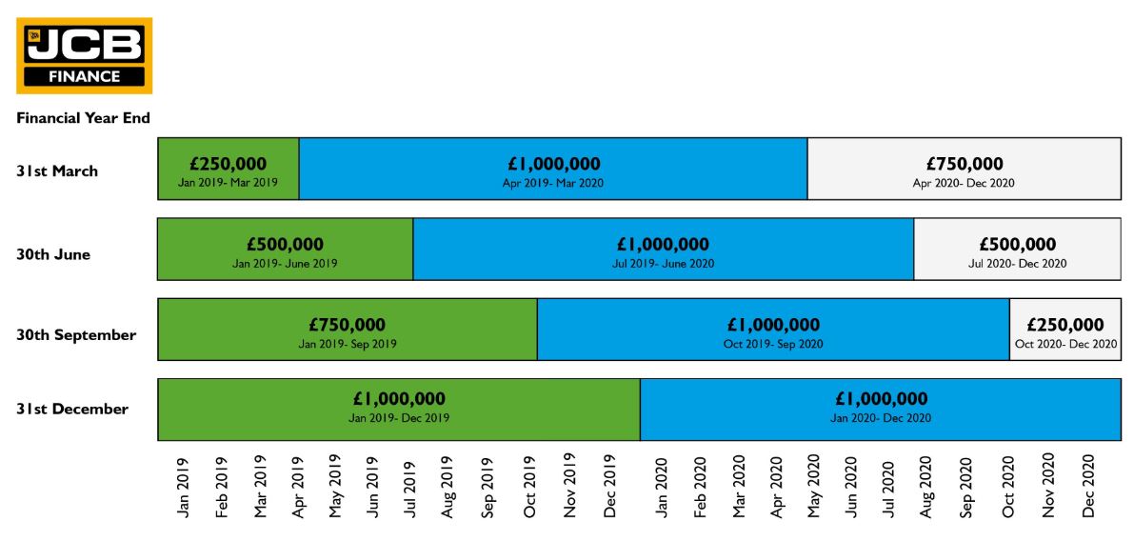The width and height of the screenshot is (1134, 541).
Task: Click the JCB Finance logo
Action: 84,55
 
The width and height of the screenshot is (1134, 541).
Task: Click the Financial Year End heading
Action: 83,118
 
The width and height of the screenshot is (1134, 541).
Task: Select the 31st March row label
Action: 57,171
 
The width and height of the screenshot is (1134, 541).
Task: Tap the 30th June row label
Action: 53,254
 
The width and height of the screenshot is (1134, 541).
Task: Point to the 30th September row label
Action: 76,335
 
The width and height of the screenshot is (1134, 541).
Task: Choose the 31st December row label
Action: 72,409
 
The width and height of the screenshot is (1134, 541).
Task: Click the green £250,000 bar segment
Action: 229,169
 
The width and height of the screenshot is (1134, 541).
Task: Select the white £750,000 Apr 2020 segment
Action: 964,169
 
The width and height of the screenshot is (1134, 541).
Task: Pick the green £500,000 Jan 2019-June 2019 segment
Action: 285,250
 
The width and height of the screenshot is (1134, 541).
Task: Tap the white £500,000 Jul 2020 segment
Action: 1017,250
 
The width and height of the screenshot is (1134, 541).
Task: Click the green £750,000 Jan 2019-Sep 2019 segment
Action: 348,330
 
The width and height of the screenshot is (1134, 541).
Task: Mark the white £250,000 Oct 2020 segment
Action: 1065,330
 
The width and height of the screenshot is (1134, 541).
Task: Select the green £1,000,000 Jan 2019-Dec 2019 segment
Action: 399,410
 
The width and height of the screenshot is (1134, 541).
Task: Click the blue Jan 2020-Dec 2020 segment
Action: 881,410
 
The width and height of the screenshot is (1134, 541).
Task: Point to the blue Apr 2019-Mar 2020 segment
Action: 553,169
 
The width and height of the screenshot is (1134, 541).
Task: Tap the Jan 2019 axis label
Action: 183,489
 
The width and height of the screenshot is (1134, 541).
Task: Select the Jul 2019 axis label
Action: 410,489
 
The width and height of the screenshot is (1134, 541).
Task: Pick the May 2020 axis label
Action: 813,487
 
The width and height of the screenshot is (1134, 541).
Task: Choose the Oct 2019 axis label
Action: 530,489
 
